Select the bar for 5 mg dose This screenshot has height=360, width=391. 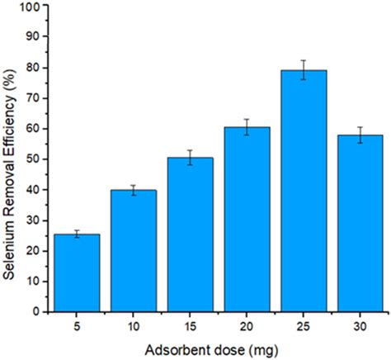pyautogui.click(x=77, y=273)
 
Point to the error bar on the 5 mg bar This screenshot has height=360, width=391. pyautogui.click(x=77, y=234)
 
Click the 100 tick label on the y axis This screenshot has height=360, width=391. pyautogui.click(x=29, y=6)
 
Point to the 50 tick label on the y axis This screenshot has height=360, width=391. pyautogui.click(x=32, y=159)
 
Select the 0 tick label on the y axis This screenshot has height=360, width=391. pyautogui.click(x=35, y=312)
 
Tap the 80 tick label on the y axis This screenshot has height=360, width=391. pyautogui.click(x=32, y=67)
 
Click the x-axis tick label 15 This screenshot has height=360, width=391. pyautogui.click(x=167, y=324)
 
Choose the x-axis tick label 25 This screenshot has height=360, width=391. pyautogui.click(x=258, y=324)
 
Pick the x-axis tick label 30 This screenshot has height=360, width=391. pyautogui.click(x=304, y=324)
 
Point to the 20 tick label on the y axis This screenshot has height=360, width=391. pyautogui.click(x=32, y=251)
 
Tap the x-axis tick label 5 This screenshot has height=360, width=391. pyautogui.click(x=77, y=324)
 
